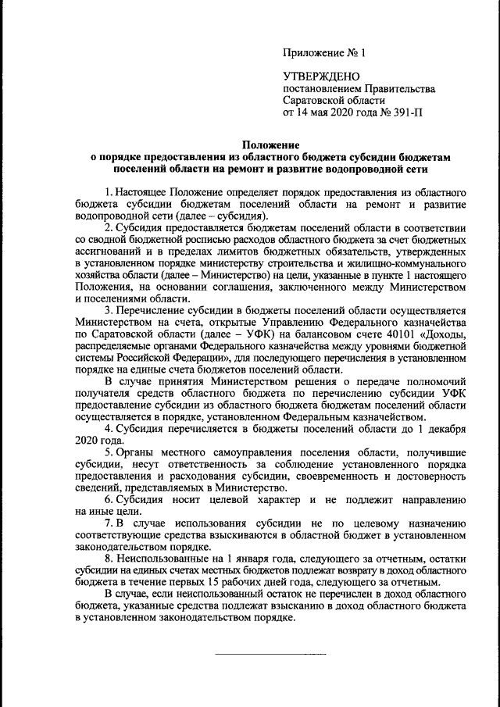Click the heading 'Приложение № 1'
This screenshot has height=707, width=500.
(x=323, y=54)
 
